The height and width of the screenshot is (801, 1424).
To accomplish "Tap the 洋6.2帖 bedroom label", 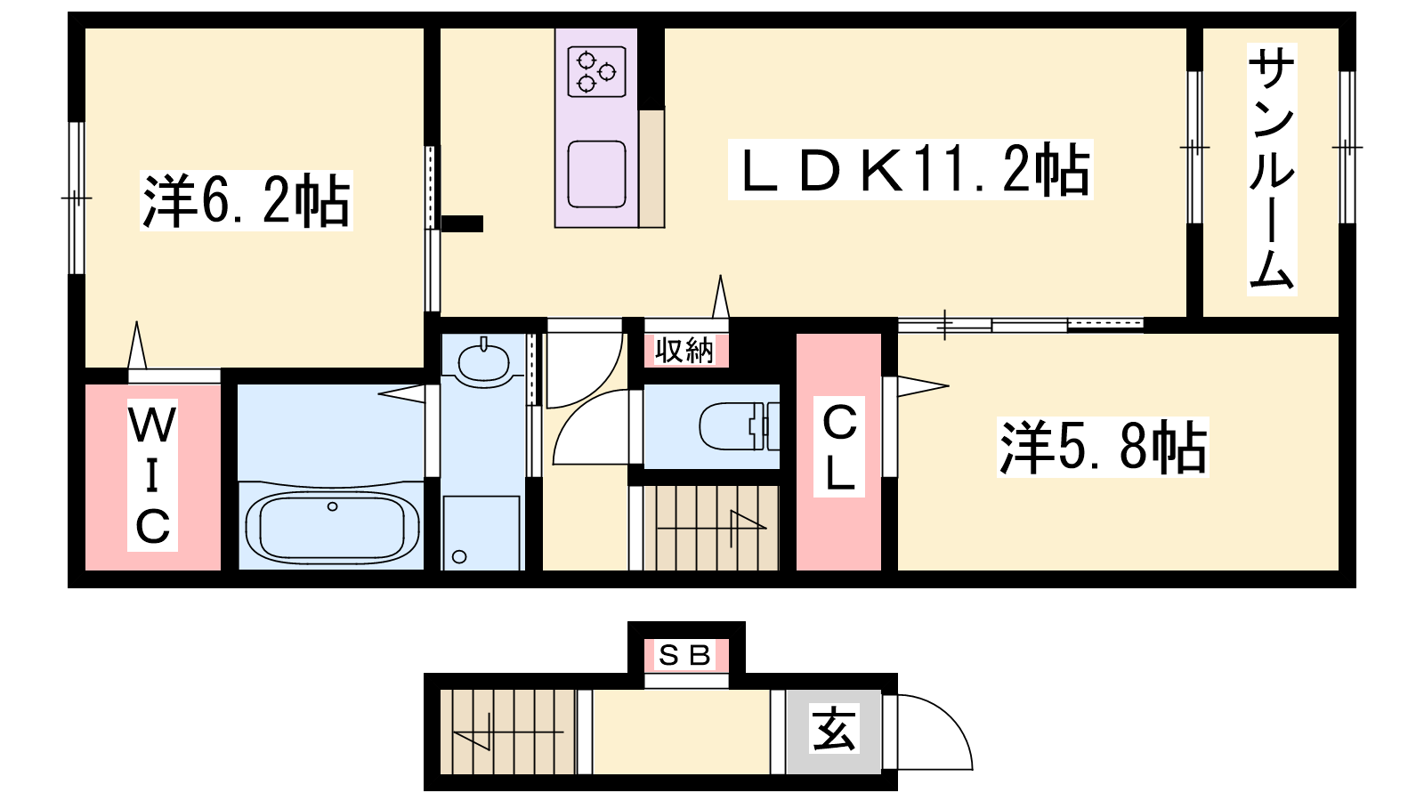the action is coord(246,201).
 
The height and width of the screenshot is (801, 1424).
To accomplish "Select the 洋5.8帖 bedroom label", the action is coord(1103,448).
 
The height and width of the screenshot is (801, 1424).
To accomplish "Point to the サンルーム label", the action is coord(1272,170).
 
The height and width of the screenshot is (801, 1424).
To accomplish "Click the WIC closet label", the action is coord(152,475).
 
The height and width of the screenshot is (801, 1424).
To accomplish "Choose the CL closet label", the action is coord(839,448).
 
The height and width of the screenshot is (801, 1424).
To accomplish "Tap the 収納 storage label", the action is coord(684,351).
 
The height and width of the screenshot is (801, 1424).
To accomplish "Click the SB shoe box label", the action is coord(684,655).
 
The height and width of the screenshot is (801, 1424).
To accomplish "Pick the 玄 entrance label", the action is coord(833,730).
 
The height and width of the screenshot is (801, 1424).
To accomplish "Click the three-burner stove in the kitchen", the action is coord(596,72).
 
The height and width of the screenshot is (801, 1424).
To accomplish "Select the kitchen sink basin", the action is coord(596,174).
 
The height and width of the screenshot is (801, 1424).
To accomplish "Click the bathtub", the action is coord(332,527).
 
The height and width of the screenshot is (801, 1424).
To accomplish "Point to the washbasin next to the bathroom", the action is coord(483,361).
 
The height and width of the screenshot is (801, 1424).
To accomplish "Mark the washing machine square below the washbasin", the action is coord(481,533).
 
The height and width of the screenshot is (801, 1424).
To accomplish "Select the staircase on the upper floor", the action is coord(711,528).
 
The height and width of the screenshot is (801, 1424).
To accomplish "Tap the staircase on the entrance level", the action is coord(507,732).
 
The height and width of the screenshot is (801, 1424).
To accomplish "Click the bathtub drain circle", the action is coord(332,506).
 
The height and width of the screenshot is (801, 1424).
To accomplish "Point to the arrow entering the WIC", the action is coord(137,345).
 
